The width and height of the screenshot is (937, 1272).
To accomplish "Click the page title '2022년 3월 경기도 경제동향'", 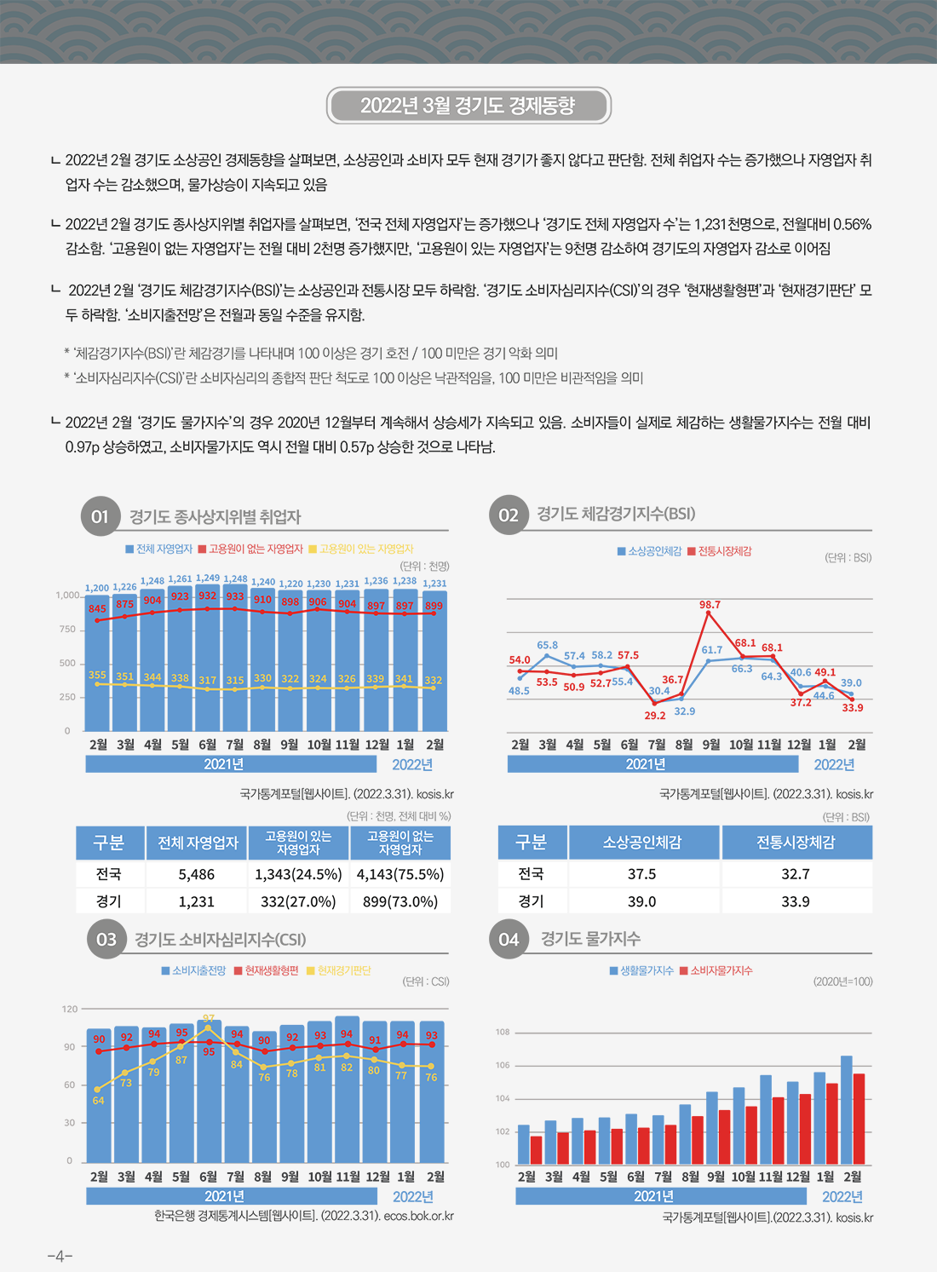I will point(468,106).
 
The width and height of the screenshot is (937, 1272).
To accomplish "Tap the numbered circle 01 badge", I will point(101,516).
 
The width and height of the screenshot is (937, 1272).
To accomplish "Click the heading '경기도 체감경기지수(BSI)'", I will point(616,514).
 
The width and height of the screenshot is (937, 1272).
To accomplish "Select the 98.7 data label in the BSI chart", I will point(710,605).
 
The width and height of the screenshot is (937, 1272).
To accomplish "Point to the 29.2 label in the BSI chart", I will point(655,716).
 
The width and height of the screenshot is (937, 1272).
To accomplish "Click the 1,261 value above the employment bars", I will point(180,579).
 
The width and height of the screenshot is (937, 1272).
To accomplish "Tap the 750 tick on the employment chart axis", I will point(67,630).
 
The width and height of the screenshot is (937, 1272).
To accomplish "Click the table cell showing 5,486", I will point(197,874).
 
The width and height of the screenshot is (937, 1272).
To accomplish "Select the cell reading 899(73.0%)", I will point(400,901).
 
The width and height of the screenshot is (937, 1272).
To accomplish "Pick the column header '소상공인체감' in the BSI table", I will point(641,843).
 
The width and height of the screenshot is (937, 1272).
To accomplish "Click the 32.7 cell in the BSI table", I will point(796,874).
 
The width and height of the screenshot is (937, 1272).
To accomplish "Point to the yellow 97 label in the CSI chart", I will point(209,1019).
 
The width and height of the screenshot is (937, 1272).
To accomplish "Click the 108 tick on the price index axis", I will point(503,1033).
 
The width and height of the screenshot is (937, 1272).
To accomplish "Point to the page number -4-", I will point(60,1256).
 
